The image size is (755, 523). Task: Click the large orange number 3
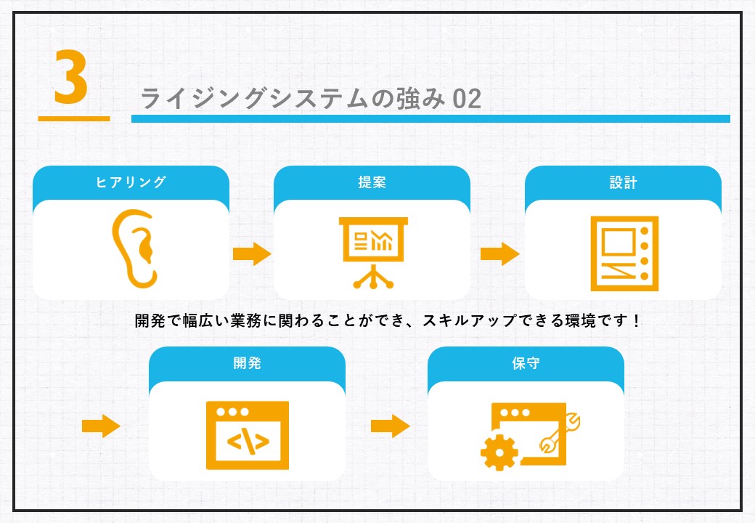(x=71, y=77)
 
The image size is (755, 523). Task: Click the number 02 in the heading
(x=467, y=99)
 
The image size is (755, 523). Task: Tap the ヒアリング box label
(x=131, y=182)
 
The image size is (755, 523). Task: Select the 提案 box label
(x=372, y=182)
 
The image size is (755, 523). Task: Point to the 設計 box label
(x=623, y=182)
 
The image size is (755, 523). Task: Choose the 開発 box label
(x=247, y=362)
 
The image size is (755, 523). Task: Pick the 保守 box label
(x=526, y=362)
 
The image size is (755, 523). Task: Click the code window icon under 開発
(x=248, y=435)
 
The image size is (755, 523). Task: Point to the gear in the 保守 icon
(x=499, y=453)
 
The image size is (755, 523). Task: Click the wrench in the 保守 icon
(x=560, y=432)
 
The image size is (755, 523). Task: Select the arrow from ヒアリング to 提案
(x=252, y=254)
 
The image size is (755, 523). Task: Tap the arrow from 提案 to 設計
(x=499, y=254)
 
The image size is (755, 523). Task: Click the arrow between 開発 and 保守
(x=390, y=426)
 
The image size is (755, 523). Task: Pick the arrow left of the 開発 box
(x=101, y=426)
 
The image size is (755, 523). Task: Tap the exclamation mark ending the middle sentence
(x=637, y=320)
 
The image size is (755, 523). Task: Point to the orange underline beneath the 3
(x=74, y=118)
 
